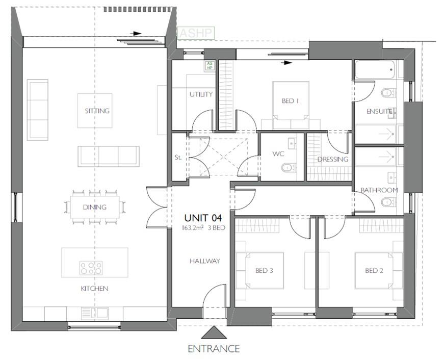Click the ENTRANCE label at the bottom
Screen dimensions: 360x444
[x=214, y=349]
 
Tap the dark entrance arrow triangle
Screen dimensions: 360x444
[x=214, y=333]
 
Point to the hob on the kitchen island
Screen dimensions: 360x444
[x=91, y=268]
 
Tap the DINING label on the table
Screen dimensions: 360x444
[x=95, y=207]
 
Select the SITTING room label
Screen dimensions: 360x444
[x=97, y=111]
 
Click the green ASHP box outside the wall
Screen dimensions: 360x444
[x=195, y=33]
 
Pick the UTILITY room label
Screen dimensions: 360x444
[x=201, y=94]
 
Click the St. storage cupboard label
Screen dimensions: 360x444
[x=178, y=158]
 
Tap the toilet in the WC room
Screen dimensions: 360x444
[x=289, y=167]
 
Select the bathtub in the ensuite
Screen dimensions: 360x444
[x=375, y=69]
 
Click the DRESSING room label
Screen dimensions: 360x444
[x=332, y=159]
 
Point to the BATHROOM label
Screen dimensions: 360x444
[x=379, y=190]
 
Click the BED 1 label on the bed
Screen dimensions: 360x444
[x=290, y=101]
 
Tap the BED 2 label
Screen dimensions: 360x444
[x=374, y=270]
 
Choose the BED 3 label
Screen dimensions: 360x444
[x=264, y=270]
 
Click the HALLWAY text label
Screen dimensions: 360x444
[x=204, y=261]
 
